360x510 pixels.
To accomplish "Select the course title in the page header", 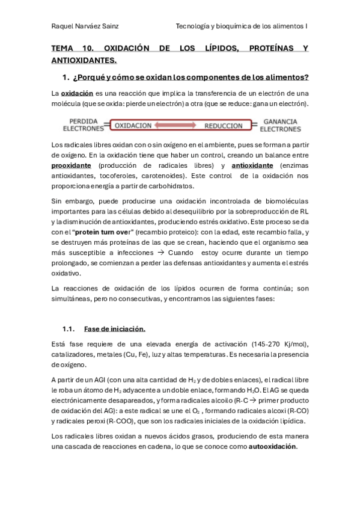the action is (242, 26).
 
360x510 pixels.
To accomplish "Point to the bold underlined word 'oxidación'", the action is (77, 93).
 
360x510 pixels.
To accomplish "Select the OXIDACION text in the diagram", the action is (133, 126).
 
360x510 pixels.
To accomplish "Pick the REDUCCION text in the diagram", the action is (223, 126).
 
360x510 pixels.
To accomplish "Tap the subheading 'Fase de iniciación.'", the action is (115, 329).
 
